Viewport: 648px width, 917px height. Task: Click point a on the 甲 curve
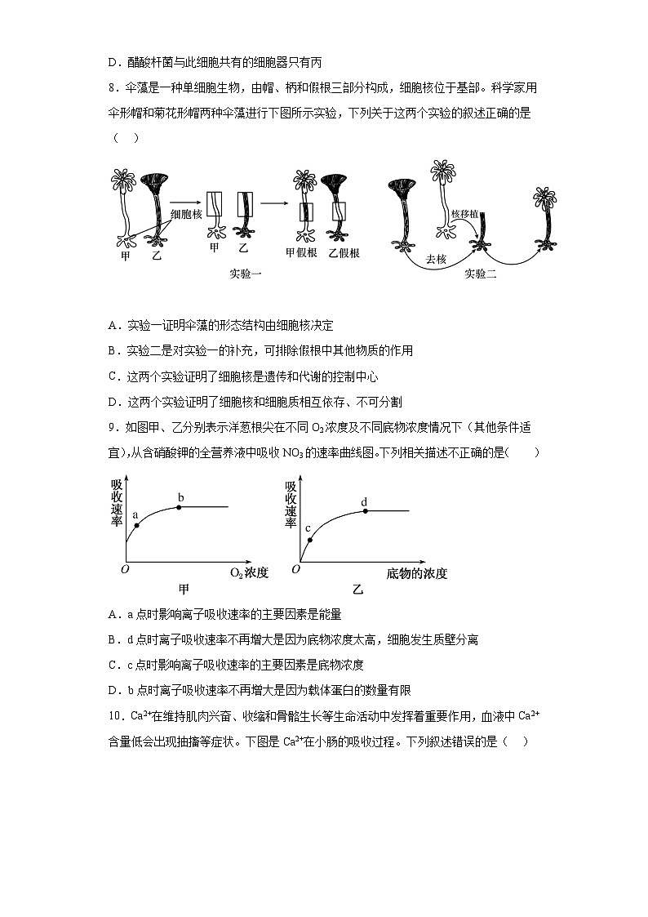click(x=136, y=525)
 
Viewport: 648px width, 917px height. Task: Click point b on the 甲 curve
click(x=180, y=507)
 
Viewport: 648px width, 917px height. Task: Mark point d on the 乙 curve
click(x=365, y=511)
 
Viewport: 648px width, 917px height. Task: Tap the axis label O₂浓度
click(x=249, y=572)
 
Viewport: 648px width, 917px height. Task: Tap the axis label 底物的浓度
click(x=417, y=573)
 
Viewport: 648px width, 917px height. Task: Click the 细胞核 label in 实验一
click(x=185, y=214)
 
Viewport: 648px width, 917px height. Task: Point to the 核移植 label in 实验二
click(x=464, y=214)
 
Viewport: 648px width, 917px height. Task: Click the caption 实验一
click(x=245, y=274)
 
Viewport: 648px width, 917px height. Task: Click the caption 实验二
click(x=481, y=274)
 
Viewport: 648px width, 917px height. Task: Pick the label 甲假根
click(x=300, y=253)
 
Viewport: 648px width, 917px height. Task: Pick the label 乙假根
click(x=344, y=253)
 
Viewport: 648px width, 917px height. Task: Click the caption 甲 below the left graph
click(x=184, y=590)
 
